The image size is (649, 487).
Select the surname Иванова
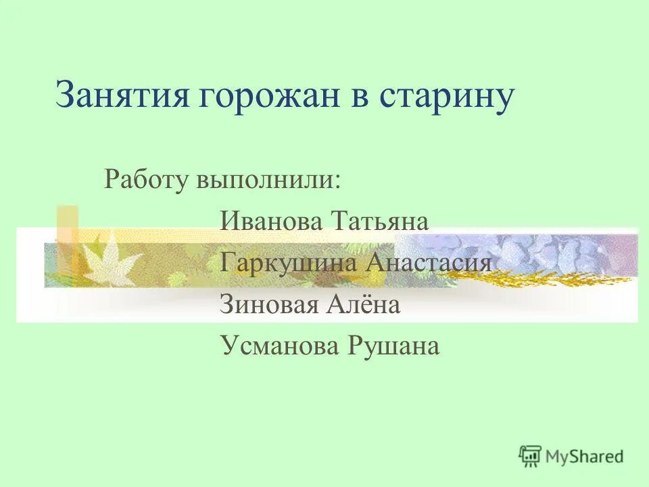[271, 221]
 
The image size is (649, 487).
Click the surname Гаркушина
[289, 263]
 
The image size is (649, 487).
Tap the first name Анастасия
[429, 263]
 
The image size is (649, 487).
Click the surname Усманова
[279, 346]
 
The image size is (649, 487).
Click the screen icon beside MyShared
[530, 455]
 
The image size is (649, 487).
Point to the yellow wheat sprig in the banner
[541, 277]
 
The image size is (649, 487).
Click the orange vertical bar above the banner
[67, 223]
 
